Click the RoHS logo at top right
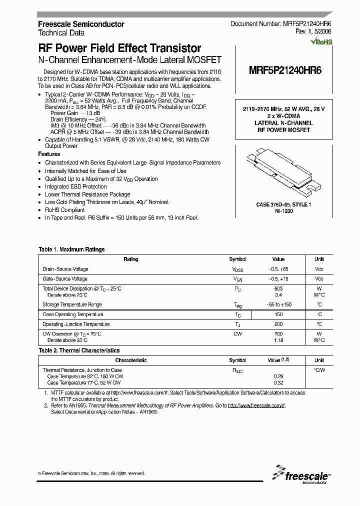tap(321, 42)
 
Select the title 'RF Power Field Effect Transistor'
tap(120, 48)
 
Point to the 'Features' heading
tap(49, 154)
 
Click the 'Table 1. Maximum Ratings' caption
tap(71, 249)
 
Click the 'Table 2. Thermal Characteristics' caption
tap(79, 350)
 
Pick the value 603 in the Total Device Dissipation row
tap(278, 288)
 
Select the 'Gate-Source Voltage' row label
tap(65, 279)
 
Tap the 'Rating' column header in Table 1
tap(131, 259)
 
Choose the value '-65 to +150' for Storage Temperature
tap(278, 304)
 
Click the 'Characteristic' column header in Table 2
tap(131, 360)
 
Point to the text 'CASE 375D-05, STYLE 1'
tap(283, 205)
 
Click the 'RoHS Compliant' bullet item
tap(64, 210)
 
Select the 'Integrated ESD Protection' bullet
tap(75, 186)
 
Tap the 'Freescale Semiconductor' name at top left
tap(81, 24)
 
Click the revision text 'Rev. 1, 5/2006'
tap(313, 32)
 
